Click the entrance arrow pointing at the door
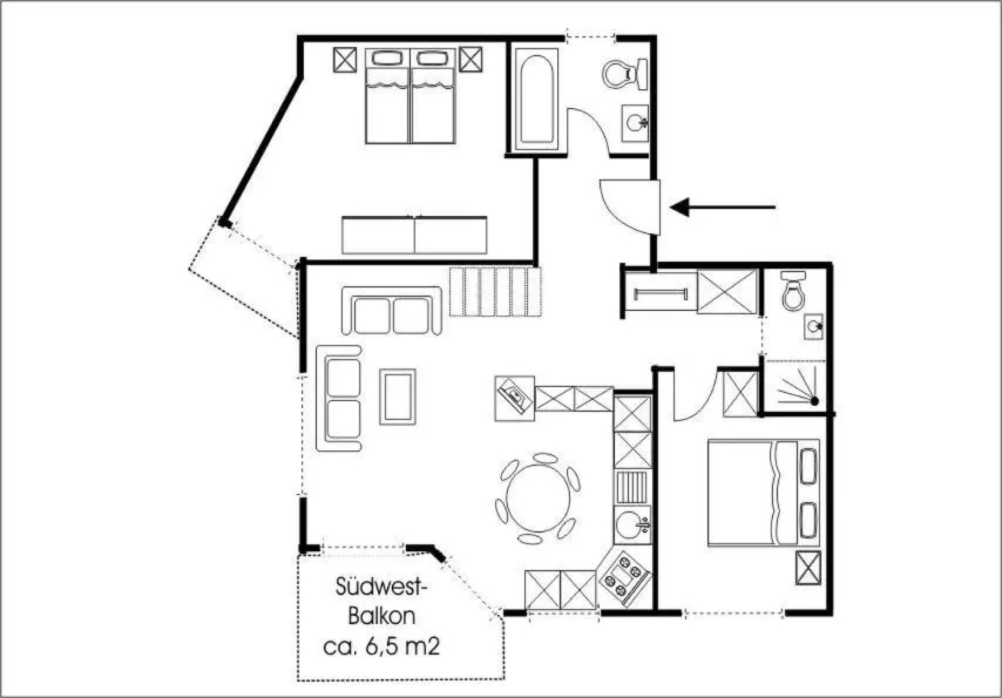(723, 207)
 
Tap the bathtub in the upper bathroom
(537, 100)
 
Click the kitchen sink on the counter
(632, 525)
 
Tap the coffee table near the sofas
(398, 397)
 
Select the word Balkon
(381, 616)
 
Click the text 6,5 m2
(402, 646)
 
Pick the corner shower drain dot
(815, 401)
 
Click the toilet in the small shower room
(793, 291)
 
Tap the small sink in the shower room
(814, 327)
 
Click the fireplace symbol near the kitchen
(515, 398)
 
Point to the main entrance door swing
(630, 207)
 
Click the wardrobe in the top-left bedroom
(414, 235)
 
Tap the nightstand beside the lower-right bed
(808, 567)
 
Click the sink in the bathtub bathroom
(635, 123)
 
